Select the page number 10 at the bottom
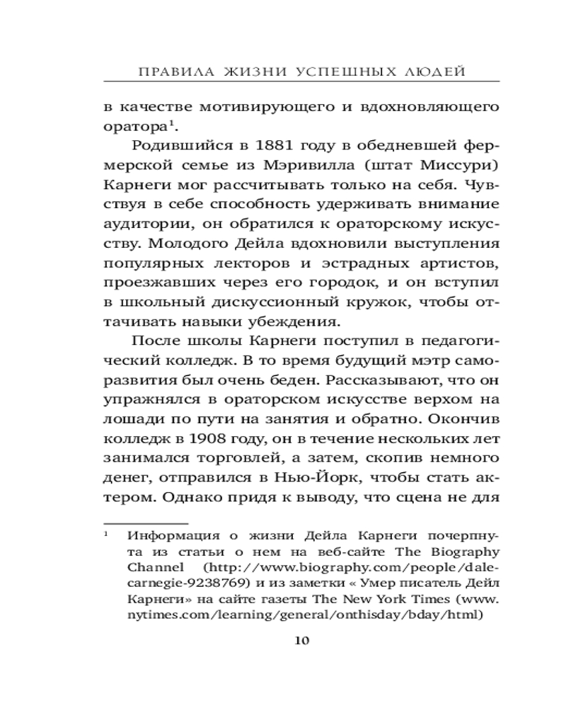point(301,641)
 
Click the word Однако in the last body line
point(198,495)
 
